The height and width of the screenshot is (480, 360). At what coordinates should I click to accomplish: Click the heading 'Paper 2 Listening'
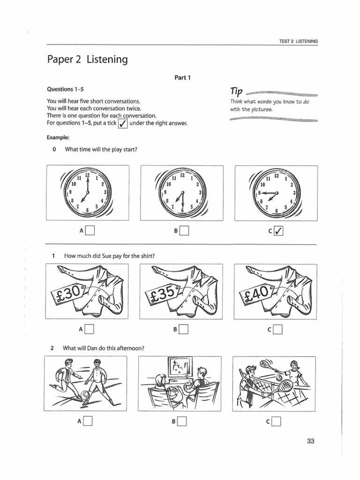(x=87, y=60)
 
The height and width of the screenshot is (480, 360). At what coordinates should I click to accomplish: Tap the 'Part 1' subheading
(x=183, y=78)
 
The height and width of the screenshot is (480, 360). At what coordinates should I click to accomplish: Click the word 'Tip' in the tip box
(x=237, y=91)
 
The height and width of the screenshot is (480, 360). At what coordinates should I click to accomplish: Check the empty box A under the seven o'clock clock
(x=90, y=231)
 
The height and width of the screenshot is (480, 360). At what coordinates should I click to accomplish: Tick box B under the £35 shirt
(x=183, y=330)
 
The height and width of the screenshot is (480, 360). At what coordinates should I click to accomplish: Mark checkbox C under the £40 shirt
(x=278, y=330)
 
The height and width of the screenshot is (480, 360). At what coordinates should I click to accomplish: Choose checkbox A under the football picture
(x=88, y=422)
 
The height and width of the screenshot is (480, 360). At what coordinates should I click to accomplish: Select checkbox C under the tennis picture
(x=277, y=422)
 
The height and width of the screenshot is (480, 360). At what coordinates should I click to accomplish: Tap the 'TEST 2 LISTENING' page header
(x=299, y=42)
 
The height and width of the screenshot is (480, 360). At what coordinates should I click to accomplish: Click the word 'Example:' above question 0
(x=58, y=137)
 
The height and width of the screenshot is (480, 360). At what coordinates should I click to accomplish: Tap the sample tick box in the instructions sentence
(x=122, y=124)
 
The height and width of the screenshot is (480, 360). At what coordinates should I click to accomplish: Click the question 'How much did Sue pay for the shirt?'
(x=109, y=256)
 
